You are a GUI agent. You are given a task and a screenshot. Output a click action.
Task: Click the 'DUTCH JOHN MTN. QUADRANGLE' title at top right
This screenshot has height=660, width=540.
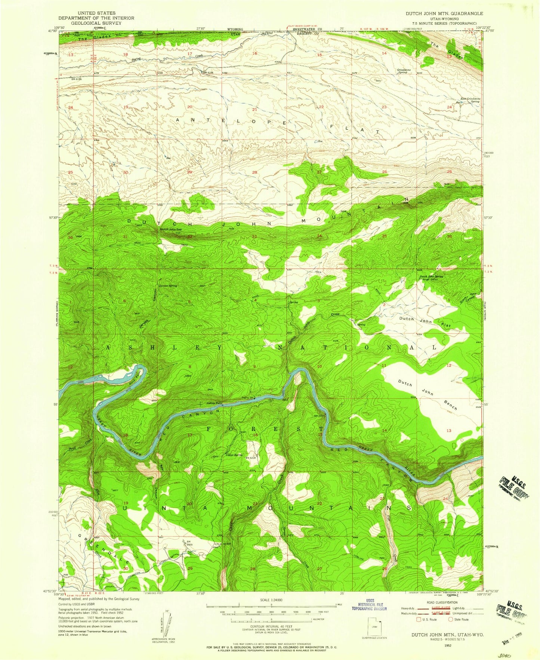[x=444, y=13]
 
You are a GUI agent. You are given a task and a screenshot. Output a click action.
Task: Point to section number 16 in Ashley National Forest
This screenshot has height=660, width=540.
[x=256, y=435]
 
